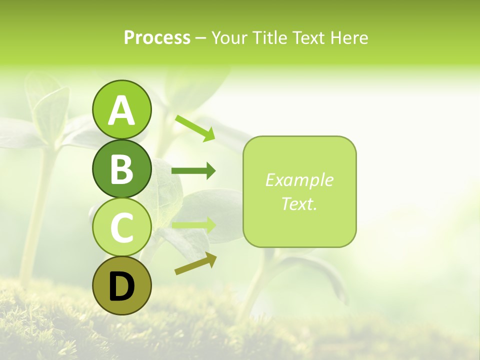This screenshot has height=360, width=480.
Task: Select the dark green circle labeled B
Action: pos(121,168)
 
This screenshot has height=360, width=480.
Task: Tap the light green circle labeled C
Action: pos(121,227)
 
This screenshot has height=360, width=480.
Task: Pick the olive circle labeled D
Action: pos(121,285)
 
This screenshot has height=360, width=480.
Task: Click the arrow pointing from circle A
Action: pos(195,128)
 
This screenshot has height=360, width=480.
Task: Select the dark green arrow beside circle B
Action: pos(193,171)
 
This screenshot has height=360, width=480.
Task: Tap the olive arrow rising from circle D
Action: pos(195,263)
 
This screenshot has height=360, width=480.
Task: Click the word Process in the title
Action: pos(157,37)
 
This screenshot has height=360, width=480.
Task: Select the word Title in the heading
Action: pos(270,37)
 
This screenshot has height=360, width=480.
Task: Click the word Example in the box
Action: pos(299,180)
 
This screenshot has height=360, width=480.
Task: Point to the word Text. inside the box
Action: pos(299,203)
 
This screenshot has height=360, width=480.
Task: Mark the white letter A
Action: pos(121,111)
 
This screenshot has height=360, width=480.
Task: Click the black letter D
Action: pos(121,287)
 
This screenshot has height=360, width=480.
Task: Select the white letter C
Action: pos(121,227)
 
